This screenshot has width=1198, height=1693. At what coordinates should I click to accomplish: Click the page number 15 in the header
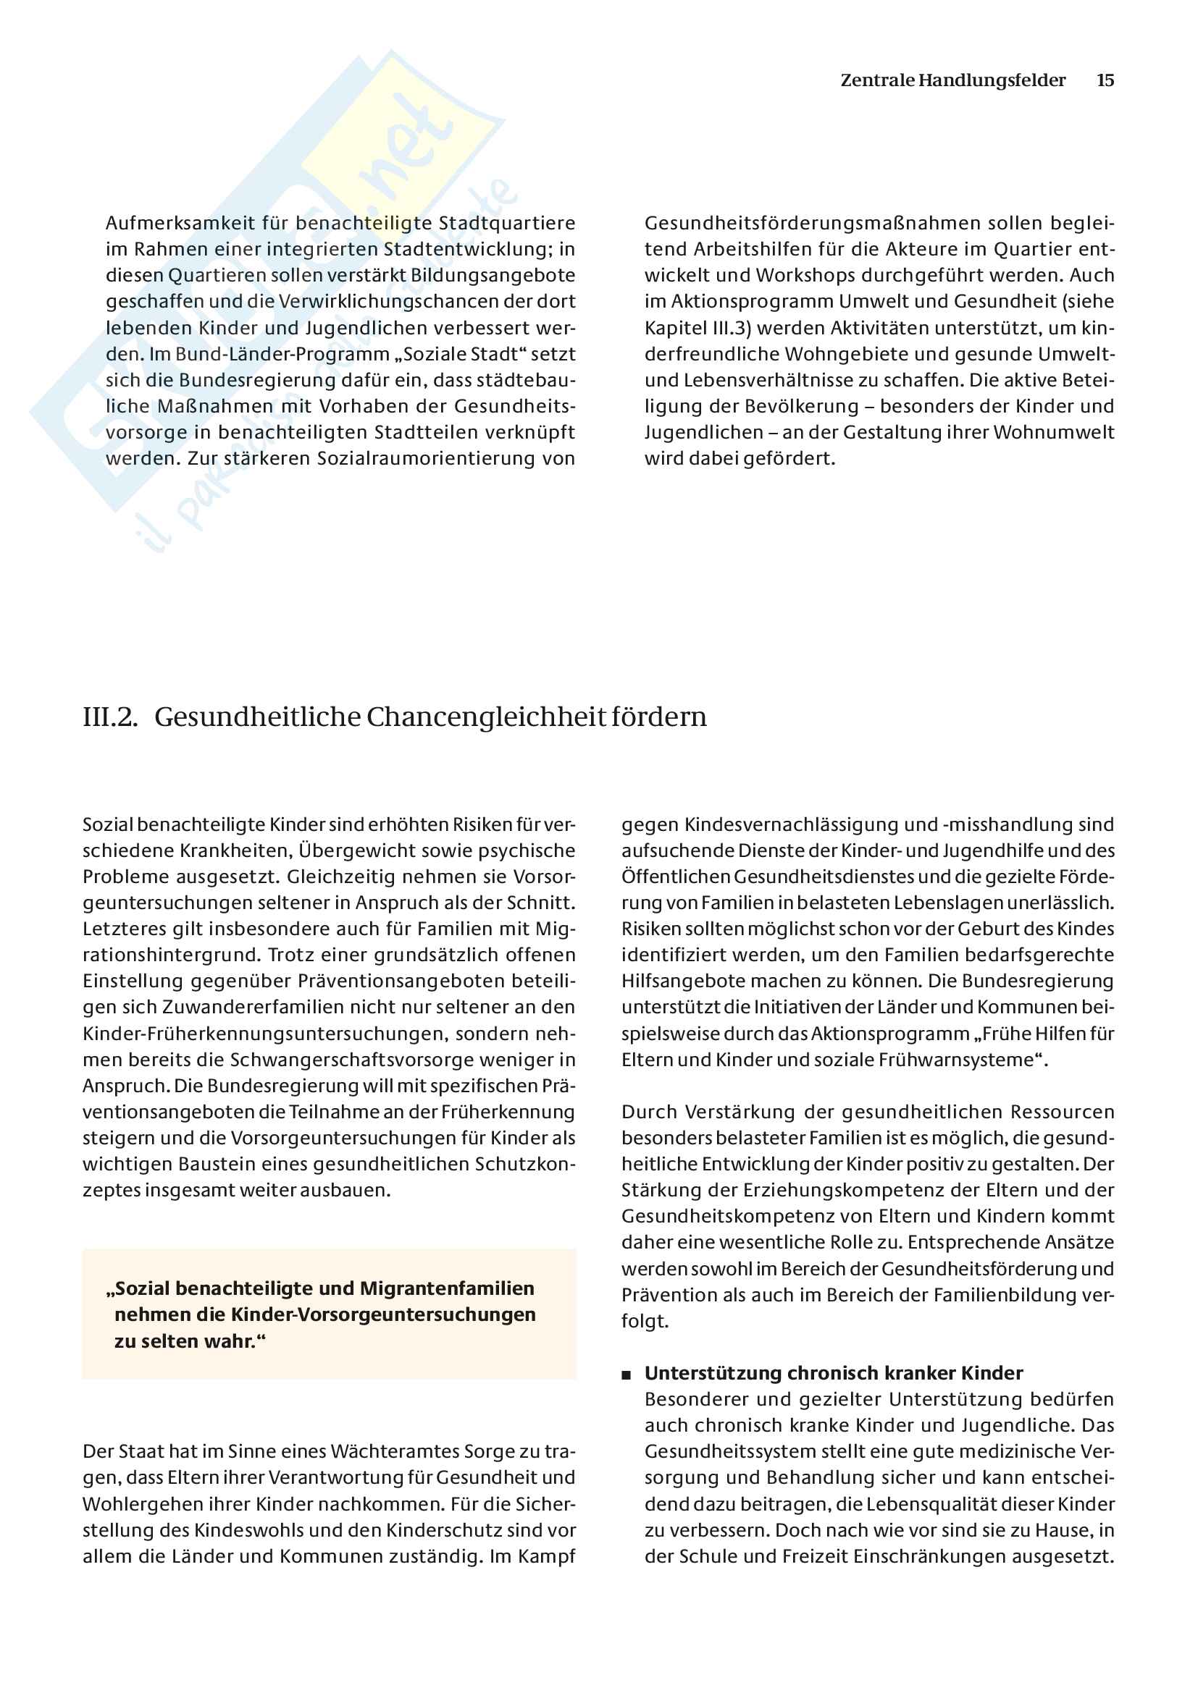click(1105, 80)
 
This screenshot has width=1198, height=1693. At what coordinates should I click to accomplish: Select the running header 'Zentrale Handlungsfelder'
click(952, 80)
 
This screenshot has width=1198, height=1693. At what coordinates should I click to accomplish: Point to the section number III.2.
click(110, 717)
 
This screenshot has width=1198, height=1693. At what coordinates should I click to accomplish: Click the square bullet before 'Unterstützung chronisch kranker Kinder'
click(627, 1375)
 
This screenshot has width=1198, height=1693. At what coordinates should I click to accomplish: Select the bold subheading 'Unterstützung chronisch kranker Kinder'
click(834, 1373)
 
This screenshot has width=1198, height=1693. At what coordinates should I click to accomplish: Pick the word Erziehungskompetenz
click(805, 1190)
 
